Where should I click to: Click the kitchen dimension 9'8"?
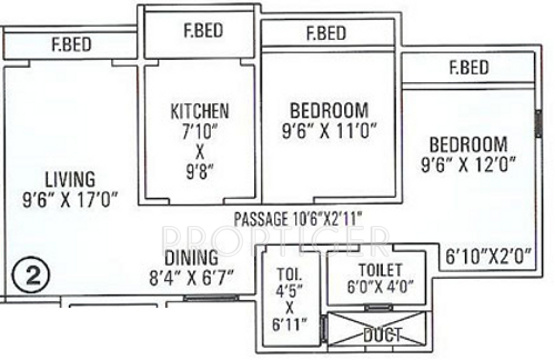click(x=200, y=172)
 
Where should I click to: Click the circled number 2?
click(x=30, y=273)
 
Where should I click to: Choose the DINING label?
click(x=192, y=257)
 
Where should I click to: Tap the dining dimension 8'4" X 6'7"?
click(x=192, y=276)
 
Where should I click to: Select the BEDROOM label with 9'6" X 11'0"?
click(x=329, y=108)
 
